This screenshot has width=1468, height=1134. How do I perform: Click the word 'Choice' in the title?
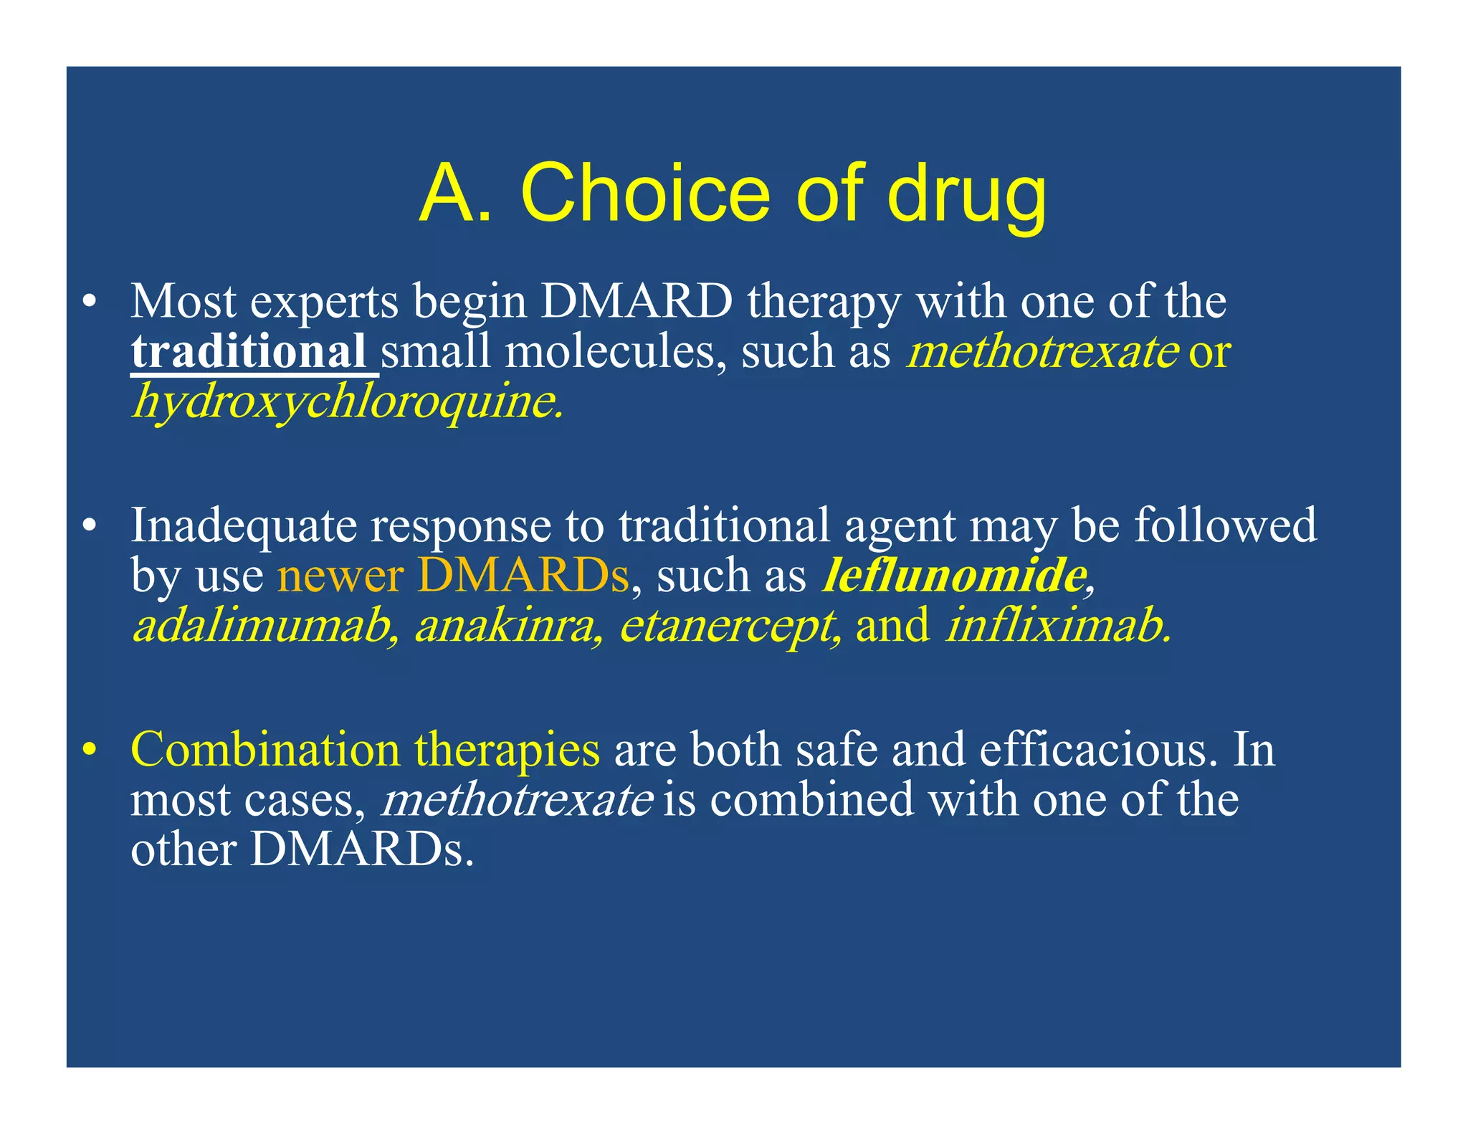pyautogui.click(x=645, y=194)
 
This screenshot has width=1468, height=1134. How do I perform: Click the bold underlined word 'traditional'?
pyautogui.click(x=249, y=352)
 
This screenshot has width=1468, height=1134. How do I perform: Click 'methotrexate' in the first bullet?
pyautogui.click(x=1042, y=352)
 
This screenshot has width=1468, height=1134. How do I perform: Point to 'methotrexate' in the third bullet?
pyautogui.click(x=517, y=800)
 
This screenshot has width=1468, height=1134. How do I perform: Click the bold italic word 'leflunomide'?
pyautogui.click(x=953, y=576)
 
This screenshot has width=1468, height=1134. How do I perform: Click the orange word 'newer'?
pyautogui.click(x=340, y=576)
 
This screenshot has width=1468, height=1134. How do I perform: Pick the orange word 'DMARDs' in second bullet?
pyautogui.click(x=523, y=576)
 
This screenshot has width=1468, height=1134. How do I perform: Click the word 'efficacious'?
pyautogui.click(x=1097, y=751)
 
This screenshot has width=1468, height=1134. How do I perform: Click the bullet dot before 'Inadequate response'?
pyautogui.click(x=89, y=527)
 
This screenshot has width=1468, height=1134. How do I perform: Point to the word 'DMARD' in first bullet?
pyautogui.click(x=637, y=302)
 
